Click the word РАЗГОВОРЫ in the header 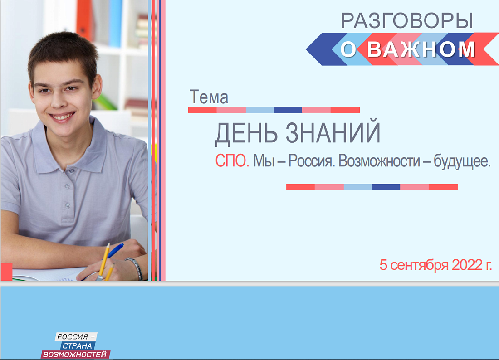coord(406,21)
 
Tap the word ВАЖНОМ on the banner coord(421,49)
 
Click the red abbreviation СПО coord(232,161)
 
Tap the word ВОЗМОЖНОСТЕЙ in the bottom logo coord(75,355)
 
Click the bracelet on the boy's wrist coord(135,268)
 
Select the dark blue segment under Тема coord(288,110)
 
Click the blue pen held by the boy coord(116,249)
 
